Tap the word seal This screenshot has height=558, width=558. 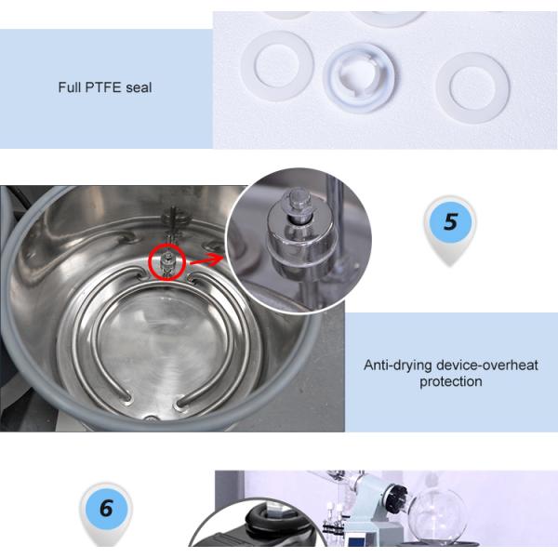pyautogui.click(x=139, y=87)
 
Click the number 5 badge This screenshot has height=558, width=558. pyautogui.click(x=450, y=221)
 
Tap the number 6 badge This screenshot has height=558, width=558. pyautogui.click(x=106, y=508)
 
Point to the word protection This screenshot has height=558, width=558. pyautogui.click(x=451, y=381)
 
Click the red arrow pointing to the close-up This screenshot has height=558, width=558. pyautogui.click(x=206, y=259)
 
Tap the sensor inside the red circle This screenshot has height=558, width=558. pyautogui.click(x=166, y=262)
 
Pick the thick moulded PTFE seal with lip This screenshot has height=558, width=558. pyautogui.click(x=359, y=77)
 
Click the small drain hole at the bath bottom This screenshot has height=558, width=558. pyautogui.click(x=152, y=418)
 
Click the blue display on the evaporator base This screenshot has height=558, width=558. pyautogui.click(x=356, y=542)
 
